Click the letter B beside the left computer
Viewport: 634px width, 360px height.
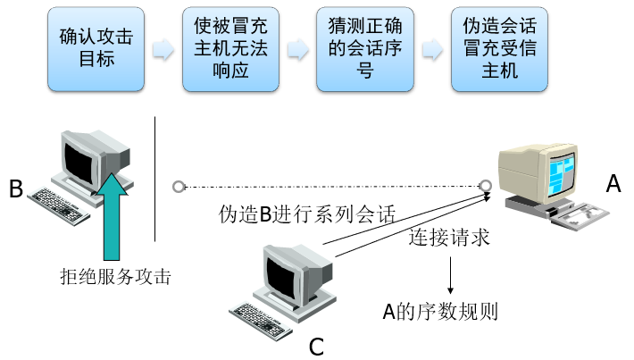pos(15,189)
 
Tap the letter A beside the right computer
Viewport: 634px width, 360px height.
pos(613,184)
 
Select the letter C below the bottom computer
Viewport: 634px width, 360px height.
pos(316,346)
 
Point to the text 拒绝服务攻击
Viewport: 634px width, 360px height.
pos(109,277)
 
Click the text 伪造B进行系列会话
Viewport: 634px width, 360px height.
pos(307,215)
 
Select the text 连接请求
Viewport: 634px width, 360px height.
pos(449,239)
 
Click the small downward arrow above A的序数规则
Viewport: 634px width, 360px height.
pos(452,277)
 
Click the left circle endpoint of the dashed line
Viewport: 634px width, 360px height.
pos(179,187)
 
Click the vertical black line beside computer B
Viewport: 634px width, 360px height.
pos(154,179)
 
